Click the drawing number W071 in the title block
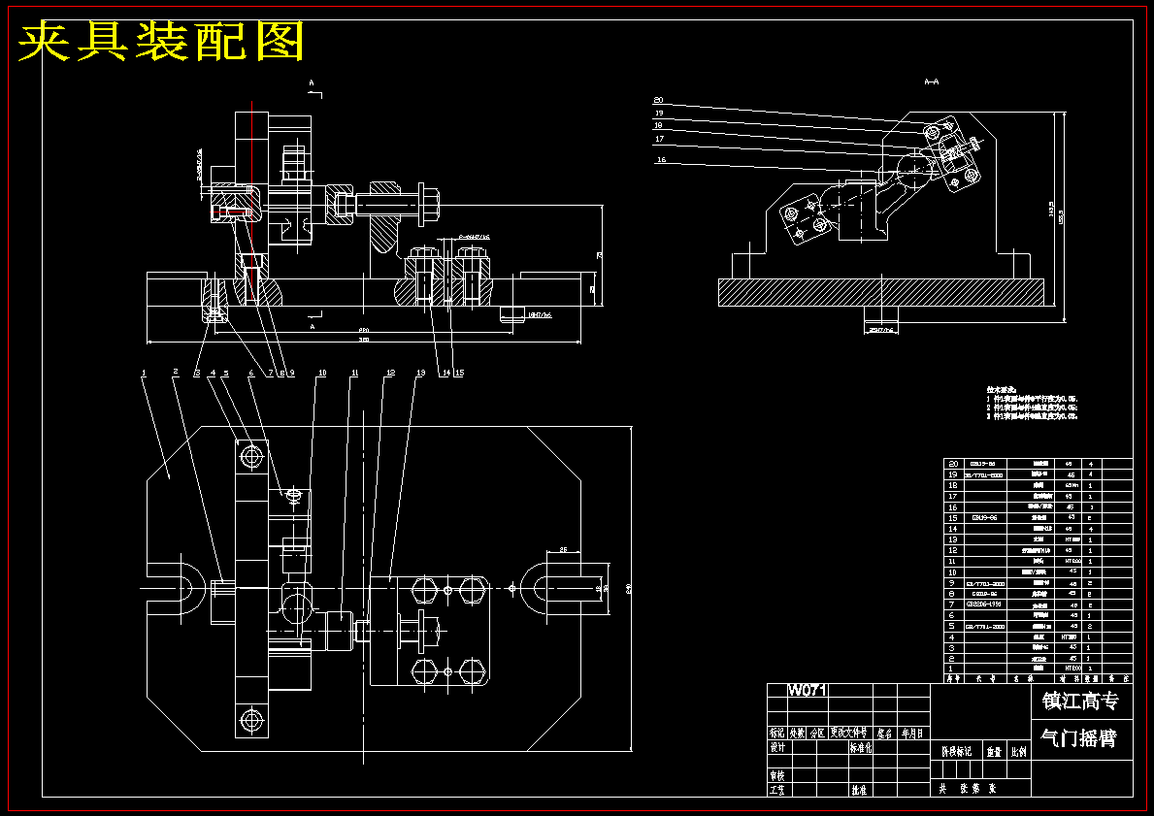point(807,691)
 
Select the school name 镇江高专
point(1079,702)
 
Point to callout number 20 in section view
point(658,100)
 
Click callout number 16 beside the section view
point(662,160)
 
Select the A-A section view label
point(931,82)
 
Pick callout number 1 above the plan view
point(143,373)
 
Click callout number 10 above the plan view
point(322,373)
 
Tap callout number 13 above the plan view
point(420,373)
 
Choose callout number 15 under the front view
point(459,373)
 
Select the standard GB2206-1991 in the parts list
point(986,604)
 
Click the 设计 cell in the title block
point(776,748)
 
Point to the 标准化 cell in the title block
point(861,748)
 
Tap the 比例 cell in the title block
point(1018,751)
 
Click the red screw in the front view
point(233,212)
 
